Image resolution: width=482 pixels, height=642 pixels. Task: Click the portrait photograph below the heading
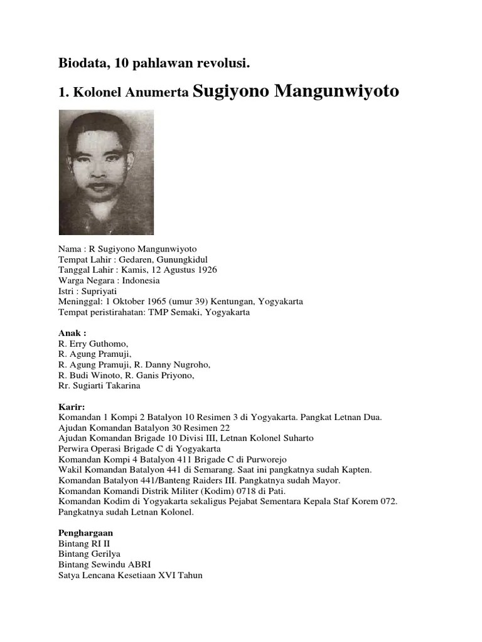pos(106,172)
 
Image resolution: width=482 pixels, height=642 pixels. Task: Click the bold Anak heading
pos(72,334)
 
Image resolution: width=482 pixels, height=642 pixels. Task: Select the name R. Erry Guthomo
pos(93,344)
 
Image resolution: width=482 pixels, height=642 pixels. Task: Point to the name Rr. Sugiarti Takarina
pos(99,386)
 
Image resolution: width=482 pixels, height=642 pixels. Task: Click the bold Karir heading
pos(72,407)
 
